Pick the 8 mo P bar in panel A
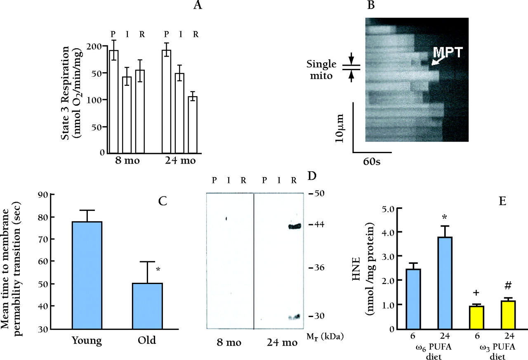click(113, 101)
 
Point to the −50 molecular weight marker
click(318, 193)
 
